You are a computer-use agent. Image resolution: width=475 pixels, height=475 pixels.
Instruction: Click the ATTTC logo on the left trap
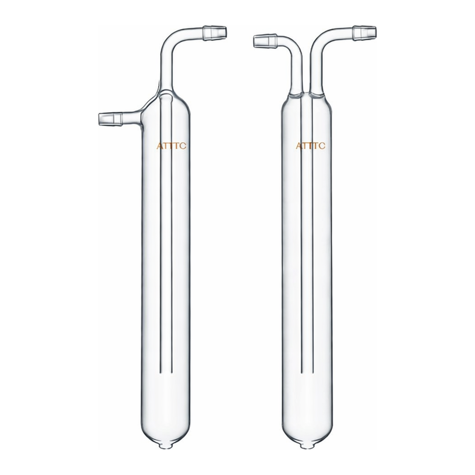point(172,146)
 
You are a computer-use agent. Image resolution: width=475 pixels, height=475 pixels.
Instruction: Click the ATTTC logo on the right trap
point(310,146)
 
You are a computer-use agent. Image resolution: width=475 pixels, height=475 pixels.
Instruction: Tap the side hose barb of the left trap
point(110,118)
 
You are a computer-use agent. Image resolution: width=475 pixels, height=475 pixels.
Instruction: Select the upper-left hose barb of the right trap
point(265,41)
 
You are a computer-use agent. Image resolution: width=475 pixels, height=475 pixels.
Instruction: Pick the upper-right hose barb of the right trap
point(365,32)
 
